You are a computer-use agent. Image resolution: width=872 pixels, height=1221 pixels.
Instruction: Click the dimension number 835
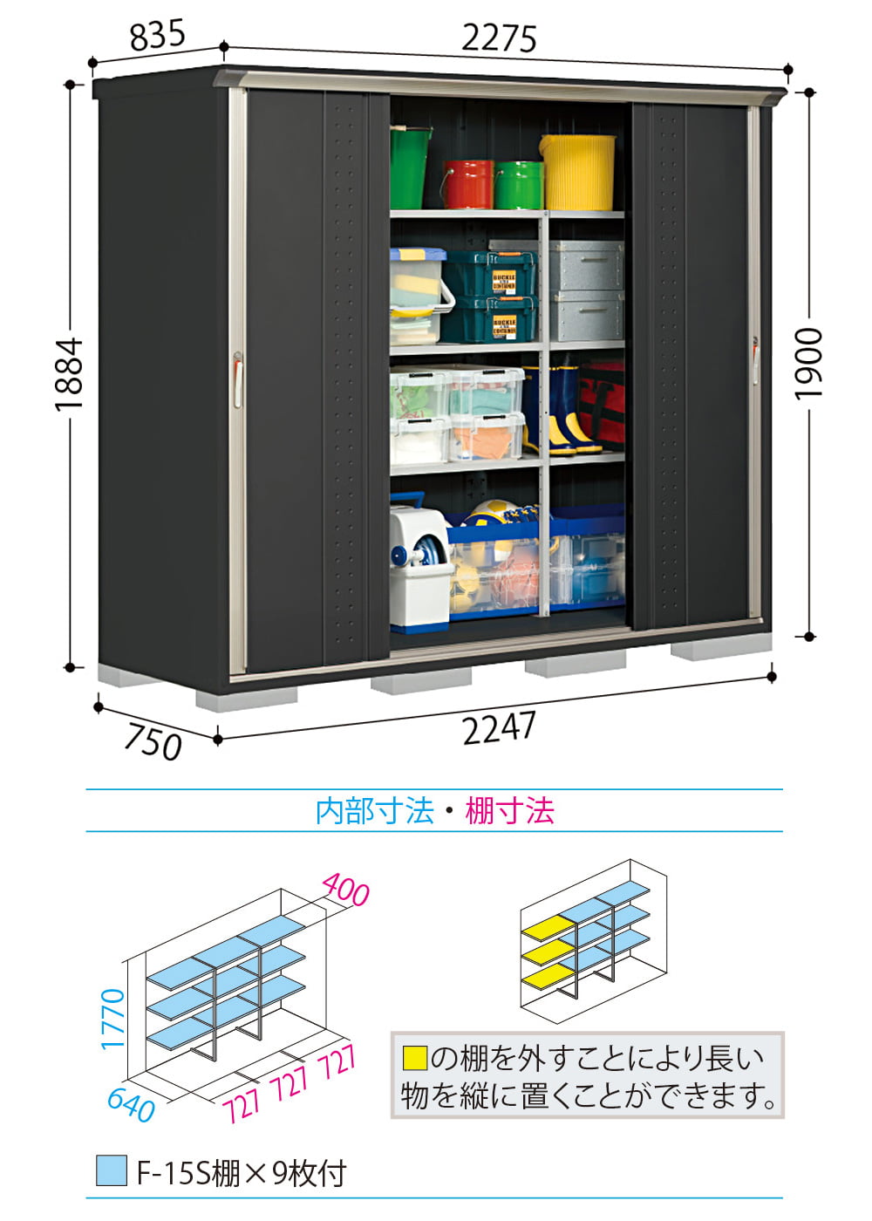tap(158, 36)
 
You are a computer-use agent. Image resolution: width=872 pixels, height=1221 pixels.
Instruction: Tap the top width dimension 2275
tap(499, 38)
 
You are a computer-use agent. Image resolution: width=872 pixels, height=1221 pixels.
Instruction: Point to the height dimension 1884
tap(69, 373)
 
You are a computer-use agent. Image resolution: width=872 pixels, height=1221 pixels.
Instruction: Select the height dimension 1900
tap(807, 365)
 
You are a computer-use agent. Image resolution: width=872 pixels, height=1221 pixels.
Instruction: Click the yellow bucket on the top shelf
tap(577, 173)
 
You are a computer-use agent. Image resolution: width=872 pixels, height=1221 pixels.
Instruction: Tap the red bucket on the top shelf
tap(468, 184)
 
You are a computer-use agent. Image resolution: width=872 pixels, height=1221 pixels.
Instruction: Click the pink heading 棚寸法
tap(509, 810)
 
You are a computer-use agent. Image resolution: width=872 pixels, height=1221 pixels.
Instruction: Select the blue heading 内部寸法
tap(375, 810)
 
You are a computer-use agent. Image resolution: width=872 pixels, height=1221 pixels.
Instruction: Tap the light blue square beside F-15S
tap(112, 1170)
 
